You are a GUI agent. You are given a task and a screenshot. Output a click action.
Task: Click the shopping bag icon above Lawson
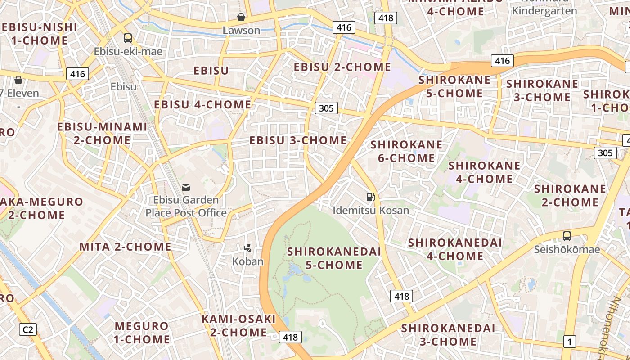[x=241, y=18]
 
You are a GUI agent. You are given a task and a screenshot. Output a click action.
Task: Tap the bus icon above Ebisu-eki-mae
[x=128, y=38]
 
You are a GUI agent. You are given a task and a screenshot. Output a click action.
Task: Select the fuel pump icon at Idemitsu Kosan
[x=370, y=197]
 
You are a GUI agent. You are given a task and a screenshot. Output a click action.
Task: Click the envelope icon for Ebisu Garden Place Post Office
[x=186, y=187]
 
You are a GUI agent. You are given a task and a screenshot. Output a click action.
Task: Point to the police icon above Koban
[x=247, y=247]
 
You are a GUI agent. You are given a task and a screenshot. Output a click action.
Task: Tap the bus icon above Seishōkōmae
[x=567, y=236]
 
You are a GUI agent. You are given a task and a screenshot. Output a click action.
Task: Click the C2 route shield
[x=28, y=329]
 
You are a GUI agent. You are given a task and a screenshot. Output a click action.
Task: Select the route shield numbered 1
[x=569, y=342]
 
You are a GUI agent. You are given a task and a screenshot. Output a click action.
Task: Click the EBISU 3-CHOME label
[x=298, y=140]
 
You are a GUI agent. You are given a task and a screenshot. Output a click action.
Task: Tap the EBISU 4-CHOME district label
[x=202, y=105]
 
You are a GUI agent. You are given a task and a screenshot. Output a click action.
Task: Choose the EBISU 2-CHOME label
[x=342, y=67]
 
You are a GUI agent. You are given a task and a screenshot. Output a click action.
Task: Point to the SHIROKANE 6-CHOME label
[x=406, y=151]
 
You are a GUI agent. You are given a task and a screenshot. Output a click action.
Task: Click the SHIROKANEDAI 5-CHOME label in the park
[x=334, y=258]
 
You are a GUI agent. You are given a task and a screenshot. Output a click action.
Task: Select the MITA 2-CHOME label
[x=125, y=247]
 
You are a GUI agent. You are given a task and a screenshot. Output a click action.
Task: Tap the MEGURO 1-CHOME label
[x=142, y=332]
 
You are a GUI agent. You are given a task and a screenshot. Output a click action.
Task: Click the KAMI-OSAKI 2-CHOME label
[x=238, y=325]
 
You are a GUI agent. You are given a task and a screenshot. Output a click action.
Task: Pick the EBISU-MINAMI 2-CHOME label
[x=102, y=133]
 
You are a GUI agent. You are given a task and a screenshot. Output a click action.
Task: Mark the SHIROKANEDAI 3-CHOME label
[x=448, y=334]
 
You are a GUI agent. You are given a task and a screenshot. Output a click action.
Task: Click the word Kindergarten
[x=544, y=11]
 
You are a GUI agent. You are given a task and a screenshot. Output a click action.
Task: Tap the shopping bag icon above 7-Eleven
[x=18, y=81]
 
